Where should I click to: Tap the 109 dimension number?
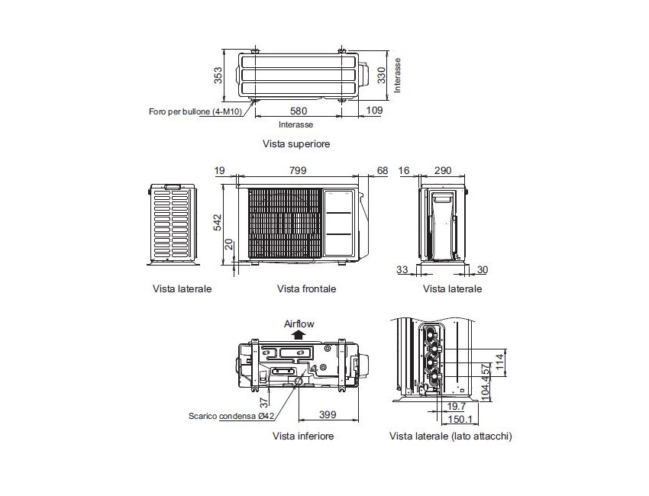(x=374, y=111)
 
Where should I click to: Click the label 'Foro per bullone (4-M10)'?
(x=196, y=111)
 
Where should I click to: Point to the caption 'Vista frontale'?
(x=306, y=289)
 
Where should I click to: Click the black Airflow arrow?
(x=299, y=334)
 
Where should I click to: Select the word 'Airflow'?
(x=299, y=324)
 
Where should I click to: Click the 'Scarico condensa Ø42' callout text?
(x=232, y=416)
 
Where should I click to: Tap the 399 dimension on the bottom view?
(x=328, y=414)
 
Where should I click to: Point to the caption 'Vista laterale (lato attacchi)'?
(x=450, y=436)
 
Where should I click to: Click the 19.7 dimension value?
(x=457, y=407)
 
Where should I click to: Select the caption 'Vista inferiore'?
(x=303, y=436)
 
